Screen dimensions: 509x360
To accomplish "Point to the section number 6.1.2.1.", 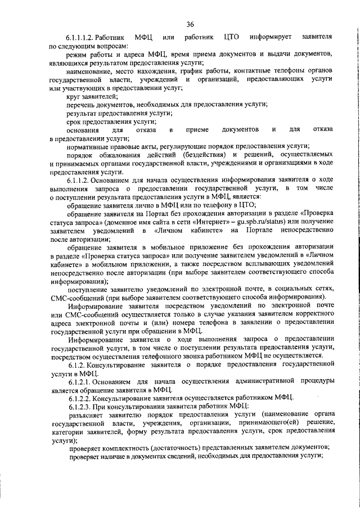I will click(x=82, y=381).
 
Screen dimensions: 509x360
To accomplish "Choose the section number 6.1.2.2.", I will click(x=82, y=397).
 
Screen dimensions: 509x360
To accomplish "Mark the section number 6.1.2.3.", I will click(x=82, y=406).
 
